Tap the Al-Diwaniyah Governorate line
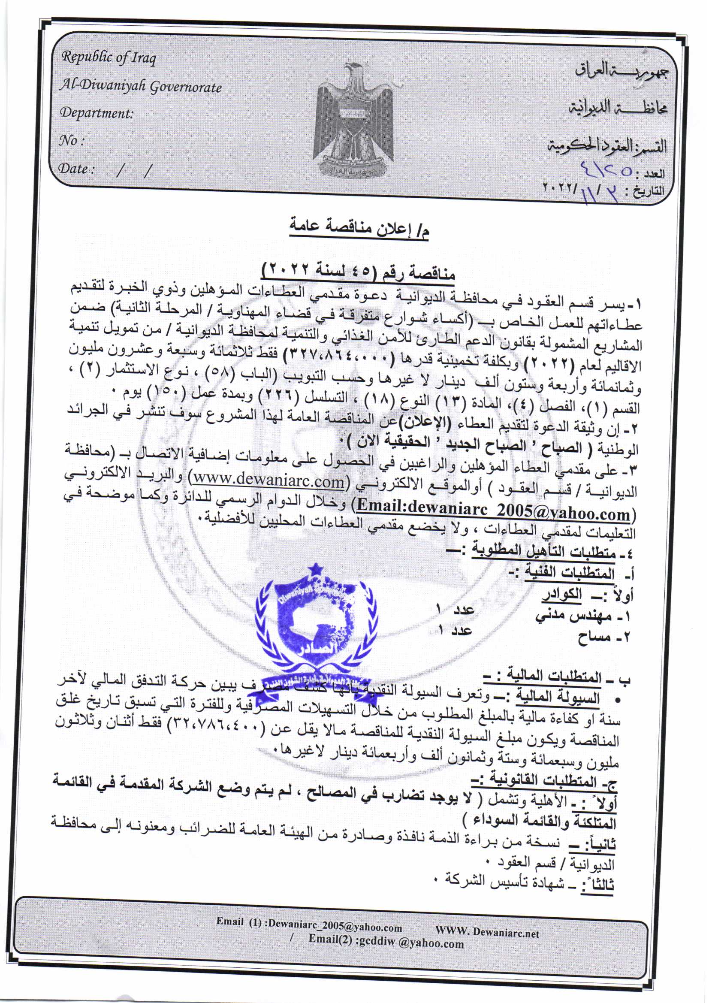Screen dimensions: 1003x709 141,87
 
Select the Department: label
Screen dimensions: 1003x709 97,114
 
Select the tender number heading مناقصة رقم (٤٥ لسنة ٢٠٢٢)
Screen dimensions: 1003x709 358,274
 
